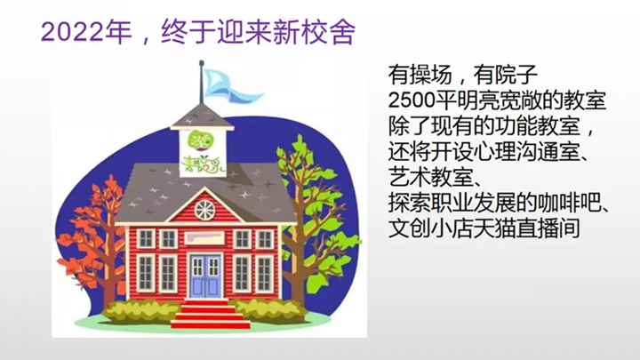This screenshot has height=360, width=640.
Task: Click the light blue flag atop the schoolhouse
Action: (230, 86)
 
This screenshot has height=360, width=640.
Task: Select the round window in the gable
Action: (204, 210)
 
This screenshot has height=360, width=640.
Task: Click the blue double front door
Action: (205, 276)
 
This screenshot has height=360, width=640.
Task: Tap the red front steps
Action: (210, 315)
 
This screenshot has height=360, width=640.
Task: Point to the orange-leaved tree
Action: (92, 241)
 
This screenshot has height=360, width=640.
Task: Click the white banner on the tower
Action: (197, 153)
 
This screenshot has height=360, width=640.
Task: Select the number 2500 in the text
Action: (412, 100)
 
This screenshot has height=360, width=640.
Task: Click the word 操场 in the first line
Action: (430, 75)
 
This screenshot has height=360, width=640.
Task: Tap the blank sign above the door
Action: (204, 238)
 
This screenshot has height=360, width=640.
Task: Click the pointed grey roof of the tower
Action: (202, 116)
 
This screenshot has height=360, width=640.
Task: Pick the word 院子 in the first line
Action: (516, 75)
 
